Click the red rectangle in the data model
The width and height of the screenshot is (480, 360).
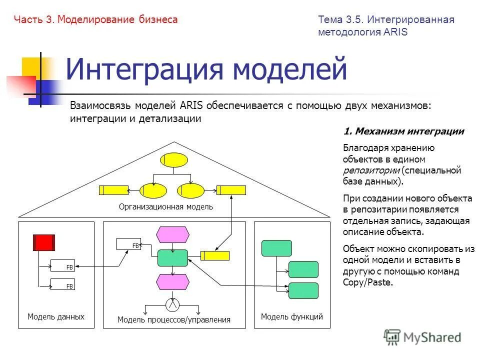[43, 242]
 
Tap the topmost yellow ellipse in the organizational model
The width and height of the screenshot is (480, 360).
[173, 160]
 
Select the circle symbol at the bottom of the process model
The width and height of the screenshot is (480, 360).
[172, 303]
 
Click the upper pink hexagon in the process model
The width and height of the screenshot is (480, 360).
[172, 234]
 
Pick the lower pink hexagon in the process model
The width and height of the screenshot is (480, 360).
[172, 282]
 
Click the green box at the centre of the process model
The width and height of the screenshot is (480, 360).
[172, 258]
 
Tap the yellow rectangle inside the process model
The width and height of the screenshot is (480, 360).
[215, 255]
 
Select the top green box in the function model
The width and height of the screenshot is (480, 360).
[276, 248]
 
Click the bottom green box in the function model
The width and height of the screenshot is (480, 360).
[303, 290]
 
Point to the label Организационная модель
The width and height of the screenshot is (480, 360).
[166, 206]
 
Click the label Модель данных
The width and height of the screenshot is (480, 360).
[56, 317]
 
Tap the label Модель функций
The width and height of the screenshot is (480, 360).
[292, 317]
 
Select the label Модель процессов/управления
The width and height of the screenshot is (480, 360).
[174, 320]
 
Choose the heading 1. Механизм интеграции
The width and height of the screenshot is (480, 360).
[404, 131]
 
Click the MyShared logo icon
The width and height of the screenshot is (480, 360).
[392, 337]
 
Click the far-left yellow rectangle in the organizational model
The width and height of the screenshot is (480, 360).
[113, 190]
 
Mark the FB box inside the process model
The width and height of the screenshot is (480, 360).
[129, 244]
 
